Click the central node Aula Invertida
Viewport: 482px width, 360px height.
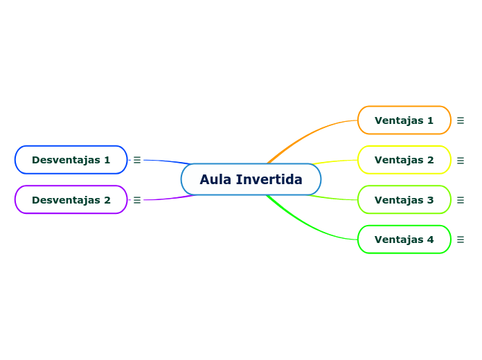251,179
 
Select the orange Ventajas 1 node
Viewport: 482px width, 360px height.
404,120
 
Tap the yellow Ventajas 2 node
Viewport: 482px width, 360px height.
404,160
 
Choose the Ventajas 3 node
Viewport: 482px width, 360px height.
404,200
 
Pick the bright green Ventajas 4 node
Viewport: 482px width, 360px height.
404,240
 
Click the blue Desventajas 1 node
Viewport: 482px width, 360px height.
71,160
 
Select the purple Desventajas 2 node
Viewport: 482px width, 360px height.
71,200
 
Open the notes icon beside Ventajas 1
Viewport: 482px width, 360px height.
461,120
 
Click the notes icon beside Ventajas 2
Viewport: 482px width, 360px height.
461,161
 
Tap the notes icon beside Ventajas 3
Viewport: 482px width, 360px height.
461,200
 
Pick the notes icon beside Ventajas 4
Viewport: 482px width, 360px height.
461,240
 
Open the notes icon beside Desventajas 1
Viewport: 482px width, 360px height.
137,160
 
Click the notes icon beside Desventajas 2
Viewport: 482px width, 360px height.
137,200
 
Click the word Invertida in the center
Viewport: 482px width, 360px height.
269,179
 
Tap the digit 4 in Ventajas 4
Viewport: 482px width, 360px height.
430,240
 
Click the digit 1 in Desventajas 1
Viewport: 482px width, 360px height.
107,160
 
